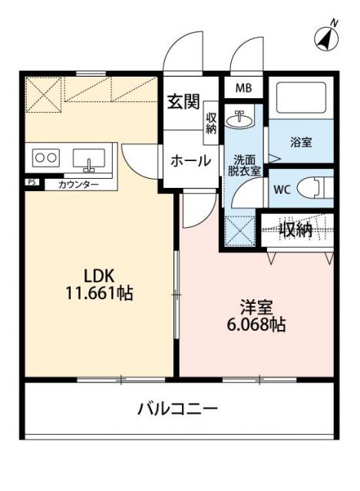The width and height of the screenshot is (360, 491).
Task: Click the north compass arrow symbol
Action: (x=328, y=36)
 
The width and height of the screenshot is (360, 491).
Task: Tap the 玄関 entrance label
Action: (x=184, y=101)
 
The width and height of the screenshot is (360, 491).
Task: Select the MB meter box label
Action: (x=243, y=88)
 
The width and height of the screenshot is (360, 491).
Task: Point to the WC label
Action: (x=280, y=187)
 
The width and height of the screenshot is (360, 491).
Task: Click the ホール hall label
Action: (x=191, y=160)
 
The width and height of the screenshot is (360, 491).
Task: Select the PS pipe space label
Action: (x=31, y=183)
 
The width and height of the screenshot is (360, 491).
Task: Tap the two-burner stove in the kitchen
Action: (x=45, y=159)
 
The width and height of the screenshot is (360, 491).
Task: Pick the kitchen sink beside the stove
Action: (x=89, y=160)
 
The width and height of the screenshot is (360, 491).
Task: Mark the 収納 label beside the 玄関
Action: (x=211, y=122)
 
